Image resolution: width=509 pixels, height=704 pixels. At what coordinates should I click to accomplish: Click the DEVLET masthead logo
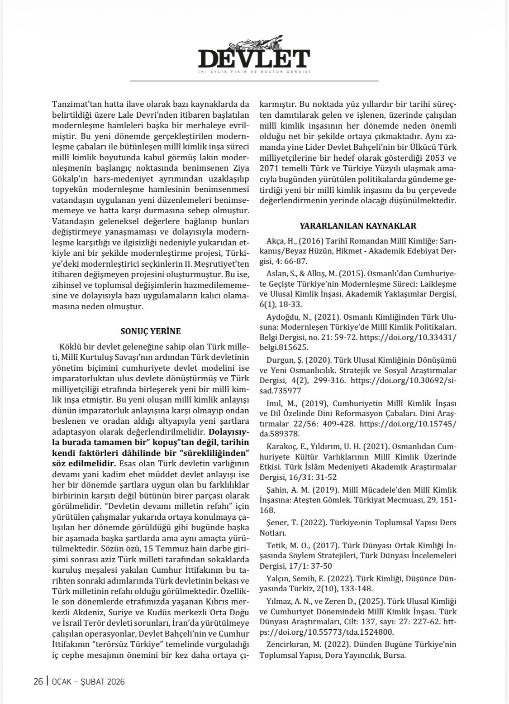(254, 58)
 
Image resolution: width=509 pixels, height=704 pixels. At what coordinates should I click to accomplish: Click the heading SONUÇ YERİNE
(151, 331)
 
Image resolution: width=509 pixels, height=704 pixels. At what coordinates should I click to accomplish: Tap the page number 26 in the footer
(38, 681)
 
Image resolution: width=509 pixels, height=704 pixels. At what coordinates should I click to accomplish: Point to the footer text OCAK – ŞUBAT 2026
(89, 681)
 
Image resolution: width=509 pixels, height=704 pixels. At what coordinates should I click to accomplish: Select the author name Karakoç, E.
(279, 446)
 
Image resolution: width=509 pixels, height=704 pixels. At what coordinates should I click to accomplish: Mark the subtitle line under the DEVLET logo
(254, 72)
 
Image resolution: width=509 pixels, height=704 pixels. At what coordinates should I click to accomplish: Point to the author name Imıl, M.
(276, 403)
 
